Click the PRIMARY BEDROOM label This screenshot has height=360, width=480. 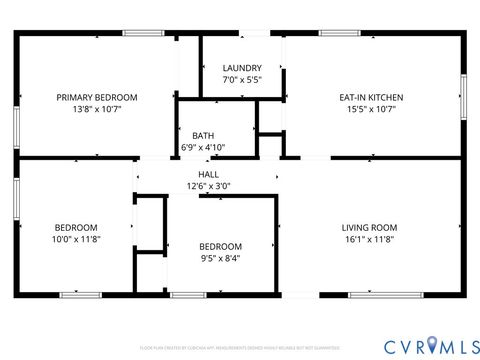[96, 97]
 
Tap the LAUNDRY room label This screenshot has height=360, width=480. [242, 68]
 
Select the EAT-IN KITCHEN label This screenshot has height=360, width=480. [371, 97]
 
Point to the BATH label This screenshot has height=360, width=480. [203, 136]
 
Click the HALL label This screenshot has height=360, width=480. [208, 174]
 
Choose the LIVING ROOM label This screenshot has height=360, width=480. [369, 227]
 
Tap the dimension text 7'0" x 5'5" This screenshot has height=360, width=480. [242, 79]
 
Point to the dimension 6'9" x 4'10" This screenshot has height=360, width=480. [203, 147]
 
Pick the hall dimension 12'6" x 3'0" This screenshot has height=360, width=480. [208, 185]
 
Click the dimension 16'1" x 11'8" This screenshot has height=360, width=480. [369, 238]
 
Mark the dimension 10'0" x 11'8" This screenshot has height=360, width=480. [76, 238]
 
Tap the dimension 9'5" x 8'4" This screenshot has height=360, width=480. [220, 257]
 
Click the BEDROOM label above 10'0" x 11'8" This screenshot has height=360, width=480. [76, 227]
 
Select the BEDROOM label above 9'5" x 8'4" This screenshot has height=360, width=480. [220, 246]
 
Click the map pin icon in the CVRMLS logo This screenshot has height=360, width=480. [432, 345]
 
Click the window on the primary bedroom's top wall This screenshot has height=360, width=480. [143, 33]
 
